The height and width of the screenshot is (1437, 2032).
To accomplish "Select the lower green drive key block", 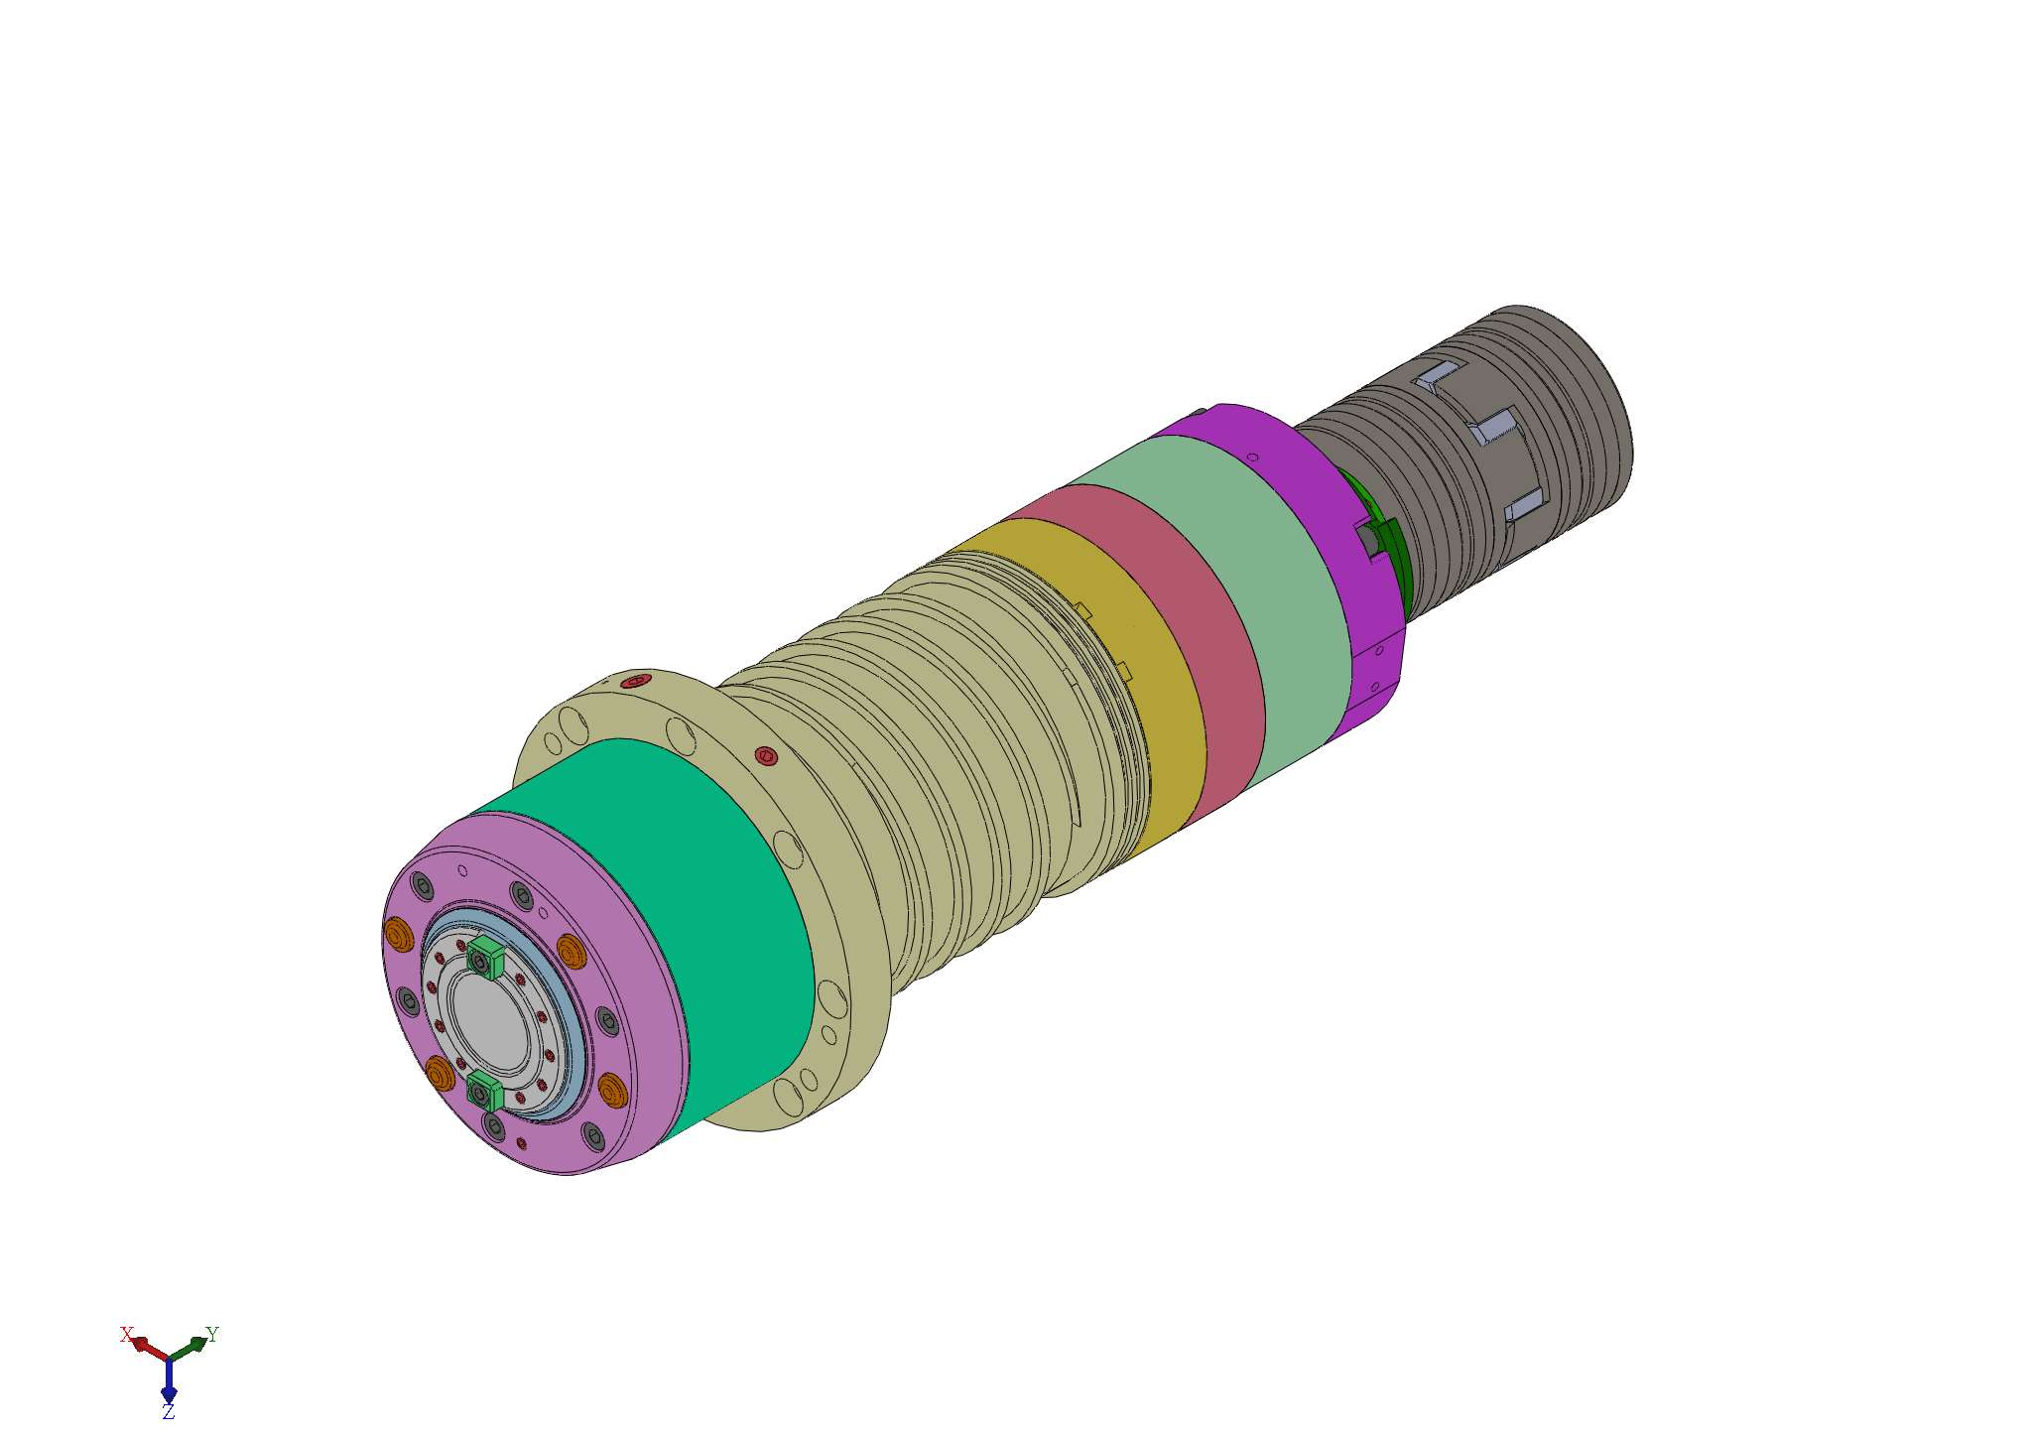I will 484,1092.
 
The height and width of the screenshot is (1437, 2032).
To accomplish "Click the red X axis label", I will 126,1335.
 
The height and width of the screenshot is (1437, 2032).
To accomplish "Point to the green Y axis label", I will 211,1334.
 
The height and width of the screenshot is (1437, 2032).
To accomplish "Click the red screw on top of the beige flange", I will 635,682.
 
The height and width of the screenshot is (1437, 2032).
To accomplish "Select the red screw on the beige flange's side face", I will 766,756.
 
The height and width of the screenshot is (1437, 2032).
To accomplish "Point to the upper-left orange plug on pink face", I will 398,933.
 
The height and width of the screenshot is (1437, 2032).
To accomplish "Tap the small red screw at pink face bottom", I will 522,1143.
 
